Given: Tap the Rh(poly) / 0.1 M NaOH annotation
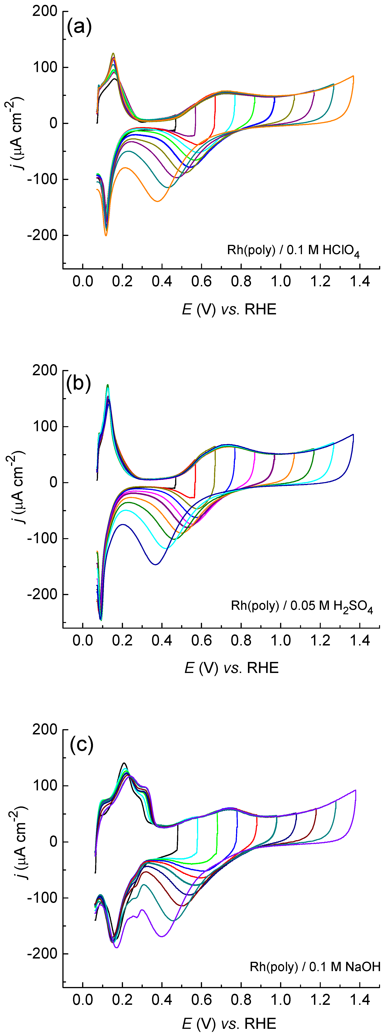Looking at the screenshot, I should tap(315, 966).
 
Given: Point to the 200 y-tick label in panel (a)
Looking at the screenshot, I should tap(45, 11).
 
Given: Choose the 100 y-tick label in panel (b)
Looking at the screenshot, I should tap(45, 426).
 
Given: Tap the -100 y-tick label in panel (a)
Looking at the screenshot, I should tap(42, 179).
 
